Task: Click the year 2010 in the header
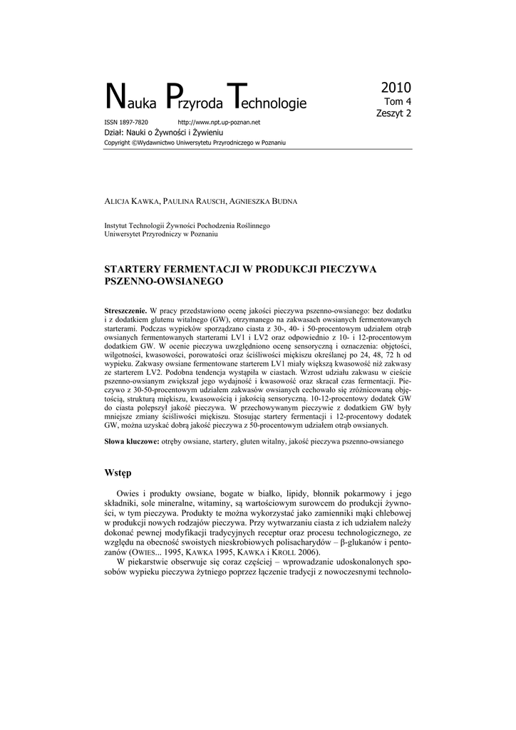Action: pyautogui.click(x=396, y=88)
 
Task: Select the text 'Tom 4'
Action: pyautogui.click(x=398, y=102)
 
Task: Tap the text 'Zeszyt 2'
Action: pyautogui.click(x=393, y=113)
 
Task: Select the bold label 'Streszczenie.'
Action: pyautogui.click(x=125, y=312)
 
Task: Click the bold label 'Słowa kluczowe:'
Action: pyautogui.click(x=132, y=442)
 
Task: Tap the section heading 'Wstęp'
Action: pyautogui.click(x=118, y=473)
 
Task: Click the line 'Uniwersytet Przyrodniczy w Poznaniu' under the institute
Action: pyautogui.click(x=161, y=234)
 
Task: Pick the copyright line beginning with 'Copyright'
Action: pyautogui.click(x=195, y=143)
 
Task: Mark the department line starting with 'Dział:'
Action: pyautogui.click(x=164, y=133)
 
